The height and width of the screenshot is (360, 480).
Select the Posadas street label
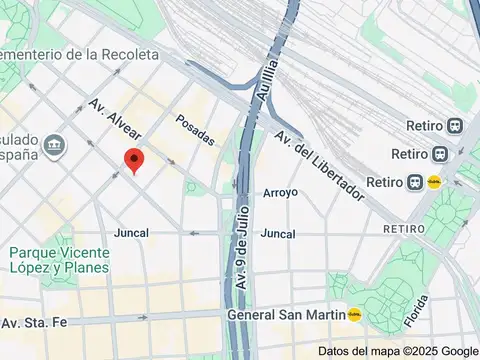pos(195,130)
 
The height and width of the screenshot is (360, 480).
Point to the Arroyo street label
pos(280,192)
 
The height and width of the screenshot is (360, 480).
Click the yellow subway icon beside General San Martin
pos(353,314)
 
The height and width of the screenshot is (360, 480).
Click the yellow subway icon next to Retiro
pos(434,182)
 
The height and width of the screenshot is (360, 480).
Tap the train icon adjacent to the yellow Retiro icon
pos(414,182)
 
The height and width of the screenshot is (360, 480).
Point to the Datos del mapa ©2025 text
pos(375,351)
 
